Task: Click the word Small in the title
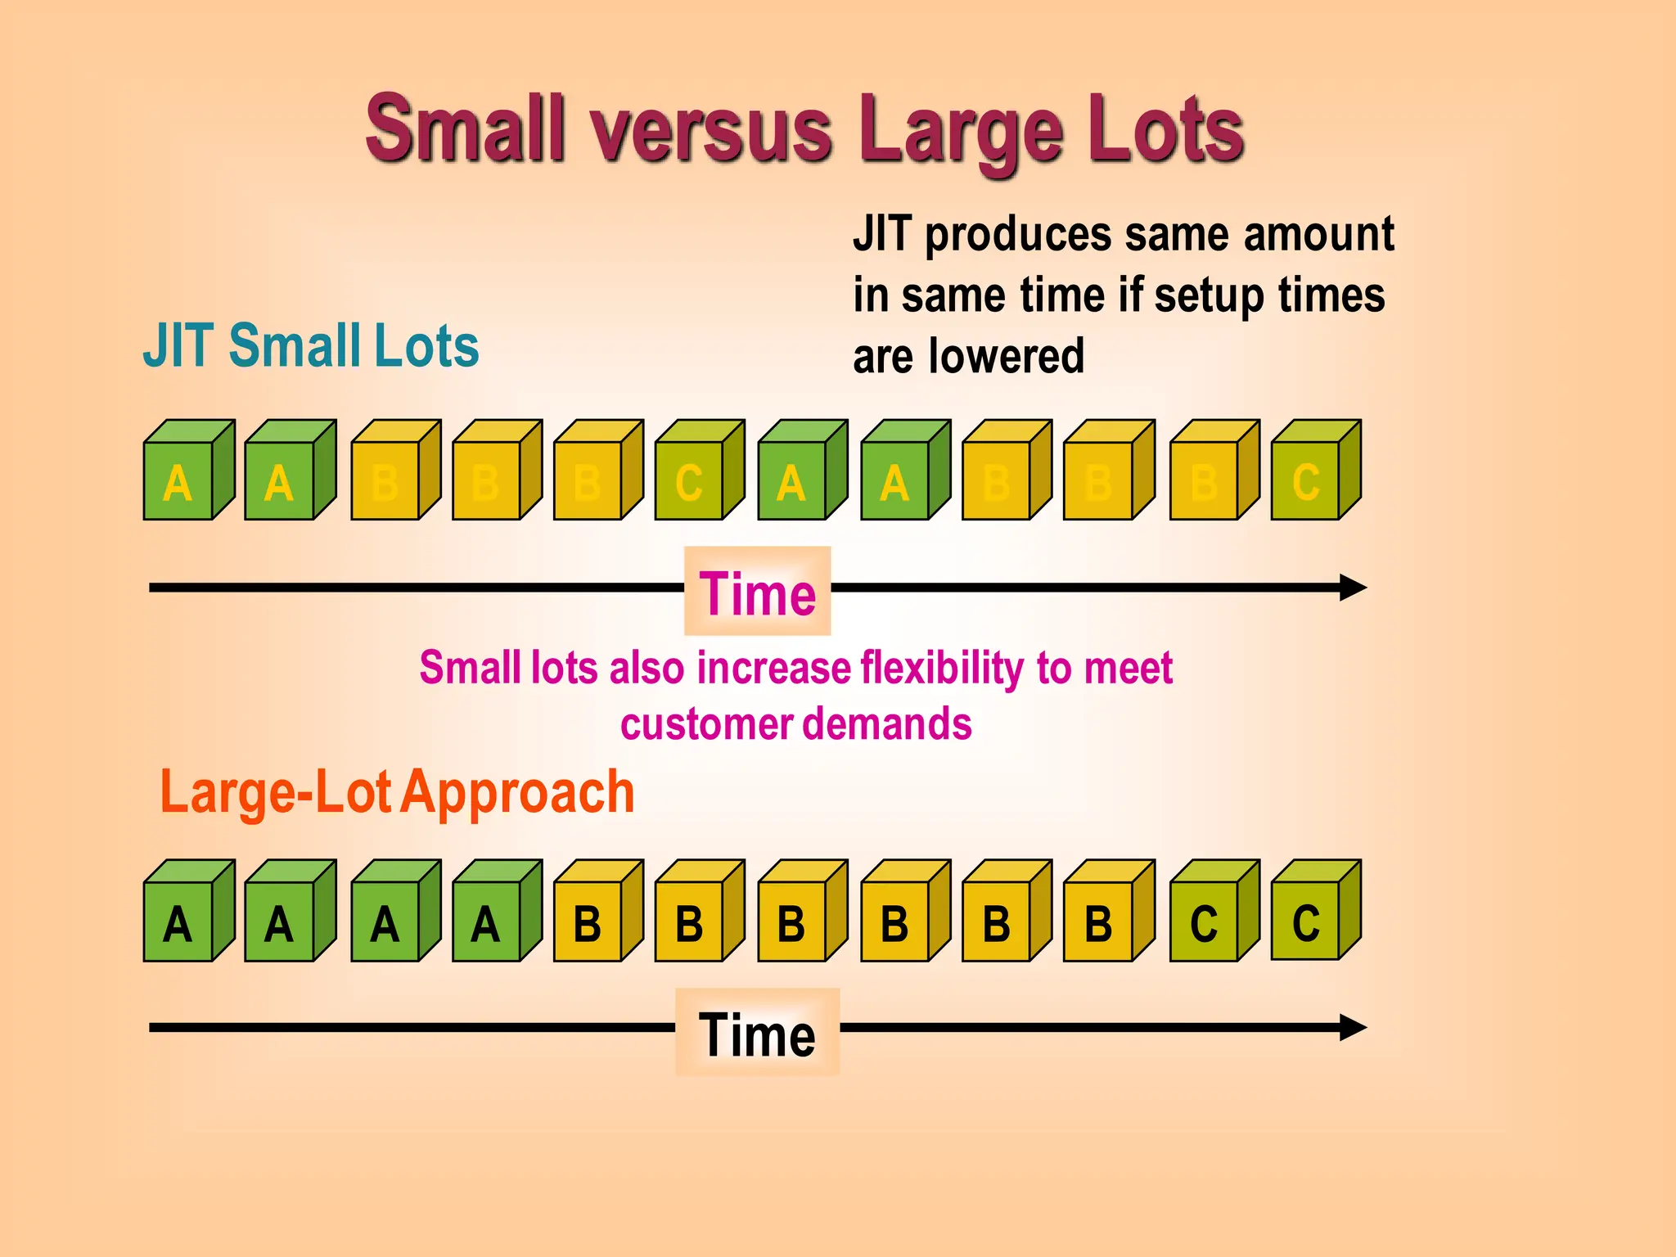click(465, 129)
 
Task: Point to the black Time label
click(757, 1034)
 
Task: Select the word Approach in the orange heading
click(517, 792)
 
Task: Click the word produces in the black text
click(1018, 235)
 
